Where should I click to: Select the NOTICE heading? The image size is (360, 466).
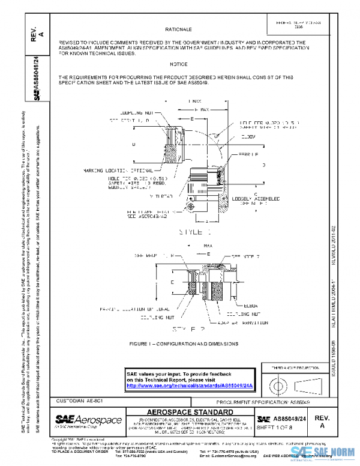pos(178,64)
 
